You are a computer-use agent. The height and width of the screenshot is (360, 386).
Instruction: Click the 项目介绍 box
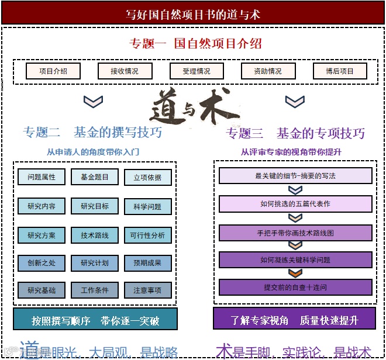(x=53, y=71)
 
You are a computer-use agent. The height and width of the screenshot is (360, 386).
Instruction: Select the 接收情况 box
(x=125, y=71)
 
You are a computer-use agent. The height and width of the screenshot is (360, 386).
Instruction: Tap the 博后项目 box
(x=340, y=71)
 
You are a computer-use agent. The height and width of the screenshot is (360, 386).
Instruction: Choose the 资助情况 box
(x=268, y=71)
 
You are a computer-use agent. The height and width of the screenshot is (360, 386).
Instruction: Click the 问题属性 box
(x=42, y=177)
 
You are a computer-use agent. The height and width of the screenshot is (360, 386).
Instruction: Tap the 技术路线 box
(x=95, y=235)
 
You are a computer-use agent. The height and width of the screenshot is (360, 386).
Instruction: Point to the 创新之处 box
(x=42, y=263)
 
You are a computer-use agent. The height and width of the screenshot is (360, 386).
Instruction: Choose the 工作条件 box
(x=95, y=290)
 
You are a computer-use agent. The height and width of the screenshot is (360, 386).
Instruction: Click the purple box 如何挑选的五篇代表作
(x=295, y=204)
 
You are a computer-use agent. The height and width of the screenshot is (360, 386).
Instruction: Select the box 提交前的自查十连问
(x=295, y=288)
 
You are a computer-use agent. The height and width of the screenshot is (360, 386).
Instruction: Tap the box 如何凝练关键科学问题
(x=295, y=260)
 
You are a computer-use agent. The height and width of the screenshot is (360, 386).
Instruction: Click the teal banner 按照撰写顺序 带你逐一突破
(x=95, y=320)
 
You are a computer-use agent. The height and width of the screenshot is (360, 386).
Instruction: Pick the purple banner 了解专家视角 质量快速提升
(x=294, y=320)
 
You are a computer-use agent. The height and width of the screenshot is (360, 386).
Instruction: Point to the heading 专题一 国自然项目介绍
(x=195, y=43)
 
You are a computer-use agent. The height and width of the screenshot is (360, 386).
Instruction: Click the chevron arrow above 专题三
(x=295, y=102)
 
